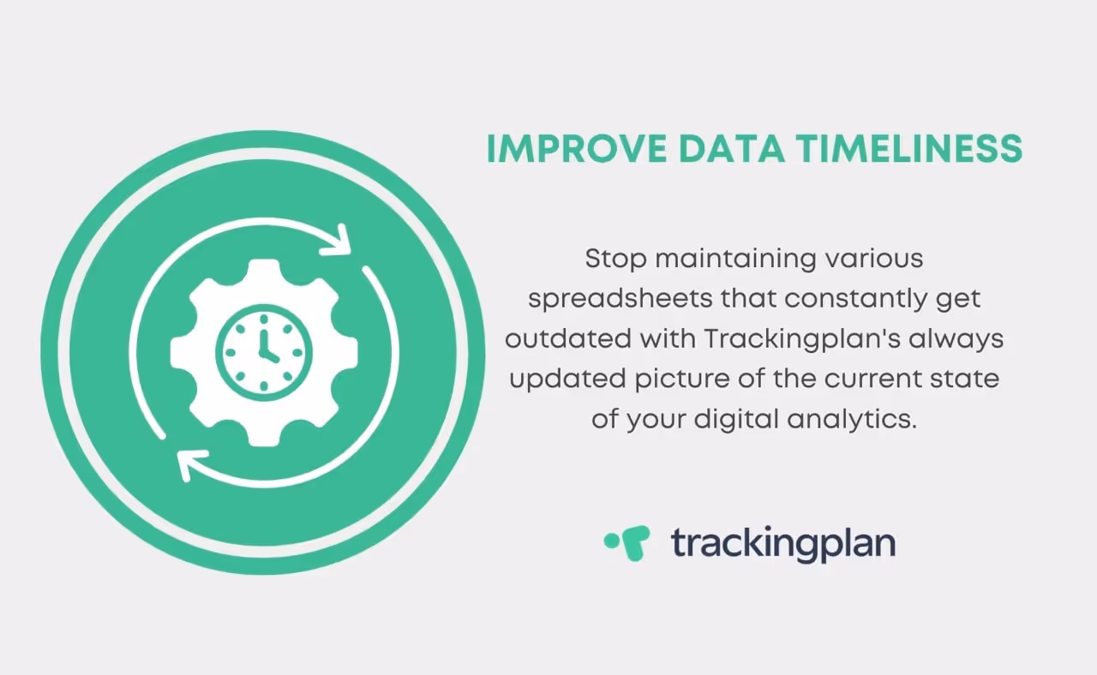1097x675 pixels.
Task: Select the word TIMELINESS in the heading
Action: pos(909,149)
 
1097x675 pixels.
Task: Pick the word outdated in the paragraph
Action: pos(567,338)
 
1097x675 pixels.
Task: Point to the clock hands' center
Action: pos(264,353)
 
